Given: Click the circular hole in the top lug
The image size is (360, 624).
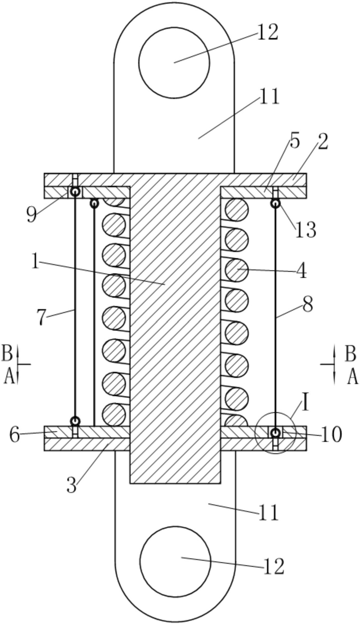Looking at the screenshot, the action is pyautogui.click(x=174, y=62).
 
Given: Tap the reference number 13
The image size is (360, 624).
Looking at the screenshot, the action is pyautogui.click(x=306, y=230).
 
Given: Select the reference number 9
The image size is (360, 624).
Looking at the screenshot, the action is pyautogui.click(x=32, y=215).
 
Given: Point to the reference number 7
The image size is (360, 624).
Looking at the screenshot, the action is pyautogui.click(x=41, y=318).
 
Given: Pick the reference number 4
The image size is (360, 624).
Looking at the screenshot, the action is pyautogui.click(x=301, y=271).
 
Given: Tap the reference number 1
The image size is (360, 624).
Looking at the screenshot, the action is pyautogui.click(x=35, y=260).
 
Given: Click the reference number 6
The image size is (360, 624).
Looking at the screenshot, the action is pyautogui.click(x=15, y=434).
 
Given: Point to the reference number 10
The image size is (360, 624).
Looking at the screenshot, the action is pyautogui.click(x=331, y=435).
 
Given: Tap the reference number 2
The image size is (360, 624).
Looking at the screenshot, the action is pyautogui.click(x=323, y=142).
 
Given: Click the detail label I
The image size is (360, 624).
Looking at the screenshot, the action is pyautogui.click(x=306, y=403).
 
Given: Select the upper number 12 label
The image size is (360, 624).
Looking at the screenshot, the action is pyautogui.click(x=267, y=32).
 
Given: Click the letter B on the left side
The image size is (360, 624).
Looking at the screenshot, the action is pyautogui.click(x=7, y=353).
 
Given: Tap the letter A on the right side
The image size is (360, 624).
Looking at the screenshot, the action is pyautogui.click(x=352, y=376).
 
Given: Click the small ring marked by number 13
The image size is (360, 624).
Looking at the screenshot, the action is pyautogui.click(x=275, y=203).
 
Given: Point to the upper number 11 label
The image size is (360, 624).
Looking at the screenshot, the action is pyautogui.click(x=269, y=96).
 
